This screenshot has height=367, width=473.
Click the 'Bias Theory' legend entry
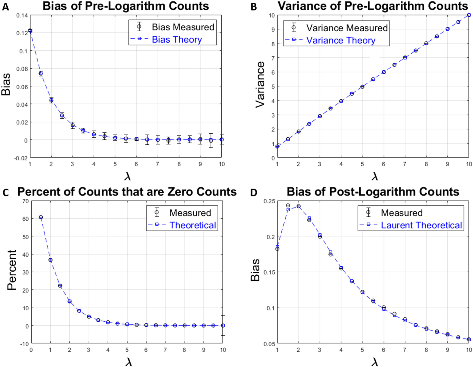pyautogui.click(x=177, y=40)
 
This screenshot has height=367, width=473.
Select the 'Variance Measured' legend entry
pyautogui.click(x=347, y=28)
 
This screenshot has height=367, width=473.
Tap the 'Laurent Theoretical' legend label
pyautogui.click(x=421, y=225)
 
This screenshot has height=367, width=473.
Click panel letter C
pyautogui.click(x=5, y=193)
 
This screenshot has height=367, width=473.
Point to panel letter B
pyautogui.click(x=254, y=7)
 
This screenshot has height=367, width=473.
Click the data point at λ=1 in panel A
pyautogui.click(x=30, y=31)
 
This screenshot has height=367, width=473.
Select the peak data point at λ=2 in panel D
pyautogui.click(x=298, y=206)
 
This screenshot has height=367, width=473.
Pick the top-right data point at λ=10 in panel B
pyautogui.click(x=469, y=15)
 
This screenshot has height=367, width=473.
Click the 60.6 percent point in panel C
pyautogui.click(x=41, y=217)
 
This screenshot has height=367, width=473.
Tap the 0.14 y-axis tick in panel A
pyautogui.click(x=22, y=15)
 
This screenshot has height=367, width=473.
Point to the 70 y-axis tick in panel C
pyautogui.click(x=25, y=201)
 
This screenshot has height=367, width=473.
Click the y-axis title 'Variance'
pyautogui.click(x=260, y=84)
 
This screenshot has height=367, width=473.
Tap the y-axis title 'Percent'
pyautogui.click(x=12, y=270)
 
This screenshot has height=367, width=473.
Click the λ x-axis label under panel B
pyautogui.click(x=375, y=176)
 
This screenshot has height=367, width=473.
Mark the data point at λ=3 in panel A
pyautogui.click(x=73, y=125)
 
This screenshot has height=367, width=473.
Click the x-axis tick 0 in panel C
pyautogui.click(x=31, y=350)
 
